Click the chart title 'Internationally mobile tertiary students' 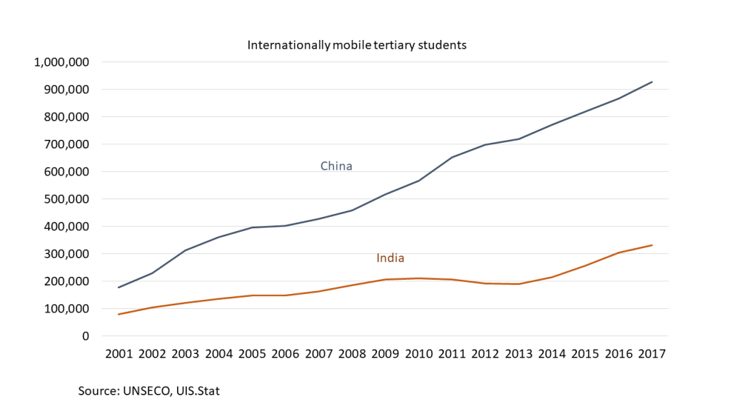356,45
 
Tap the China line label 336,166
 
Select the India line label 390,258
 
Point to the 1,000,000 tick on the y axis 61,62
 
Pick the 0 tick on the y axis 85,336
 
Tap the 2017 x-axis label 652,354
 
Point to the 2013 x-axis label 518,354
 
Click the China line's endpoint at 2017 652,82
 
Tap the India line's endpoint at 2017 652,245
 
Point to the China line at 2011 451,158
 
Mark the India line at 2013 518,284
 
